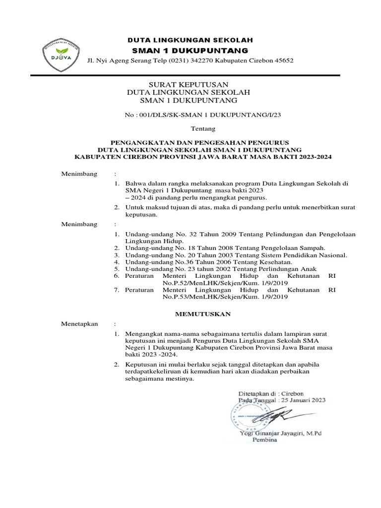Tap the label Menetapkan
pyautogui.click(x=79, y=324)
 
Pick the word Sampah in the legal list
pyautogui.click(x=312, y=247)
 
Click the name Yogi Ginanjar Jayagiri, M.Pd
pyautogui.click(x=280, y=434)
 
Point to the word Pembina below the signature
pyautogui.click(x=266, y=440)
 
